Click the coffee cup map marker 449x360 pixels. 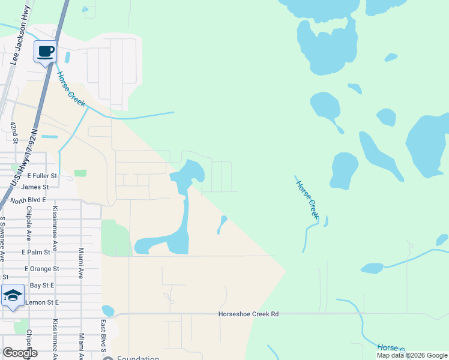[45, 52]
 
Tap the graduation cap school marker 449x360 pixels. [13, 296]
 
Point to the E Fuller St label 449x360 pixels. [42, 176]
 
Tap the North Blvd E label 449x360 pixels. [28, 200]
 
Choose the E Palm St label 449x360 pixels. [36, 253]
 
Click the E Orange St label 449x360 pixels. [41, 269]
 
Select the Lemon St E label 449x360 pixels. [42, 302]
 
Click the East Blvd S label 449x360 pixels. [103, 337]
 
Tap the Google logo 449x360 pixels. [20, 353]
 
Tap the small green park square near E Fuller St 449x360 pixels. [80, 173]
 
